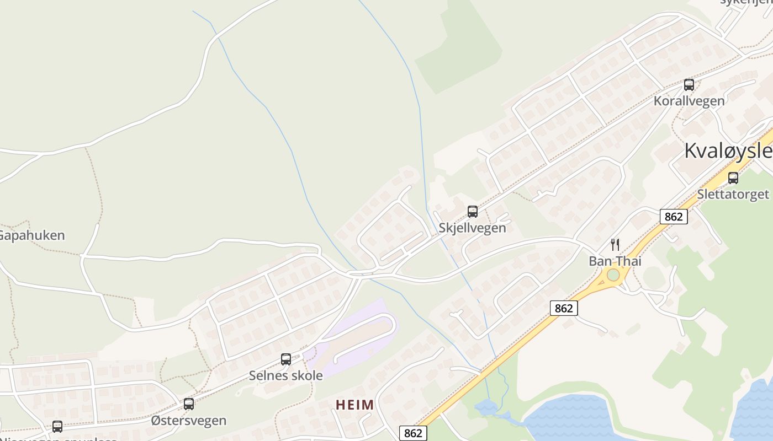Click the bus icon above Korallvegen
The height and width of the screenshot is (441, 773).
pyautogui.click(x=689, y=85)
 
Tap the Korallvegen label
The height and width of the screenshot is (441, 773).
pyautogui.click(x=689, y=101)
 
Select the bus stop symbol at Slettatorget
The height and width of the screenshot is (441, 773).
pyautogui.click(x=733, y=178)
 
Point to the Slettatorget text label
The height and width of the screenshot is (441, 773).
pyautogui.click(x=733, y=194)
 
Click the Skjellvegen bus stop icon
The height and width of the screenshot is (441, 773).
pyautogui.click(x=472, y=212)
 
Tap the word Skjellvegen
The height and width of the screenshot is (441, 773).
pyautogui.click(x=472, y=228)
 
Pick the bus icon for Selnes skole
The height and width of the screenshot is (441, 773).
pyautogui.click(x=285, y=359)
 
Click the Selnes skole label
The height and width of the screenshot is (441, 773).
pyautogui.click(x=285, y=375)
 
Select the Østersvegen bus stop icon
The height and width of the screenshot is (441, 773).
pyautogui.click(x=189, y=404)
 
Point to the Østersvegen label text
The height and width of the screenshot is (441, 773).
pyautogui.click(x=189, y=421)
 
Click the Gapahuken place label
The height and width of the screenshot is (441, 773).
pyautogui.click(x=31, y=235)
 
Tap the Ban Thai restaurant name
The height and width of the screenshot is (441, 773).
pyautogui.click(x=615, y=261)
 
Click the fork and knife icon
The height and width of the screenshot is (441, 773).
pyautogui.click(x=615, y=244)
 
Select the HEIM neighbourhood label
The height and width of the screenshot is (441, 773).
pyautogui.click(x=354, y=405)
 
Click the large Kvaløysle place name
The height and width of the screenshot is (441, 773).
pyautogui.click(x=728, y=150)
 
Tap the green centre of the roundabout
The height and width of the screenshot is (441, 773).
pyautogui.click(x=613, y=275)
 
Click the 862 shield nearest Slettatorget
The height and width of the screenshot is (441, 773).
pyautogui.click(x=674, y=217)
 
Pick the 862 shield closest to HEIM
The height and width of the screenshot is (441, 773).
pyautogui.click(x=412, y=433)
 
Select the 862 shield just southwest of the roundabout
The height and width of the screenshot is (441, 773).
pyautogui.click(x=563, y=308)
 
